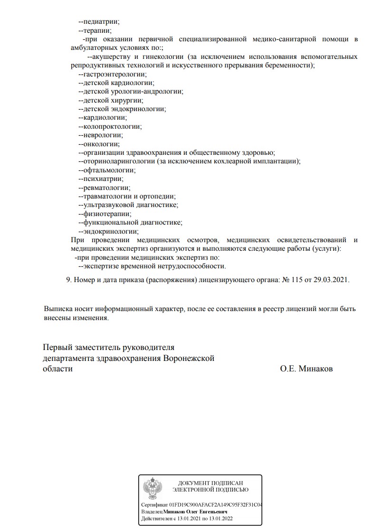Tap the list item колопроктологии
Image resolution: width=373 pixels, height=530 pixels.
112,126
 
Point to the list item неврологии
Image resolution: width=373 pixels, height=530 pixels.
103,135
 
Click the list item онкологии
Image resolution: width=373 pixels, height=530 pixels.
101,144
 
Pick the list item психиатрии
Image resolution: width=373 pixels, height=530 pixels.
103,179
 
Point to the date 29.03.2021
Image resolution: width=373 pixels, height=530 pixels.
331,280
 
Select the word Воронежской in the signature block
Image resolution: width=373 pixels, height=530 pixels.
189,358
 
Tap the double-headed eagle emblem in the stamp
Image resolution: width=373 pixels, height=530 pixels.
153,488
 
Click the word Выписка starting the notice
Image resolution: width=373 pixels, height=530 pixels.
58,309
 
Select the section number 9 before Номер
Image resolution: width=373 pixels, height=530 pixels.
68,280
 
